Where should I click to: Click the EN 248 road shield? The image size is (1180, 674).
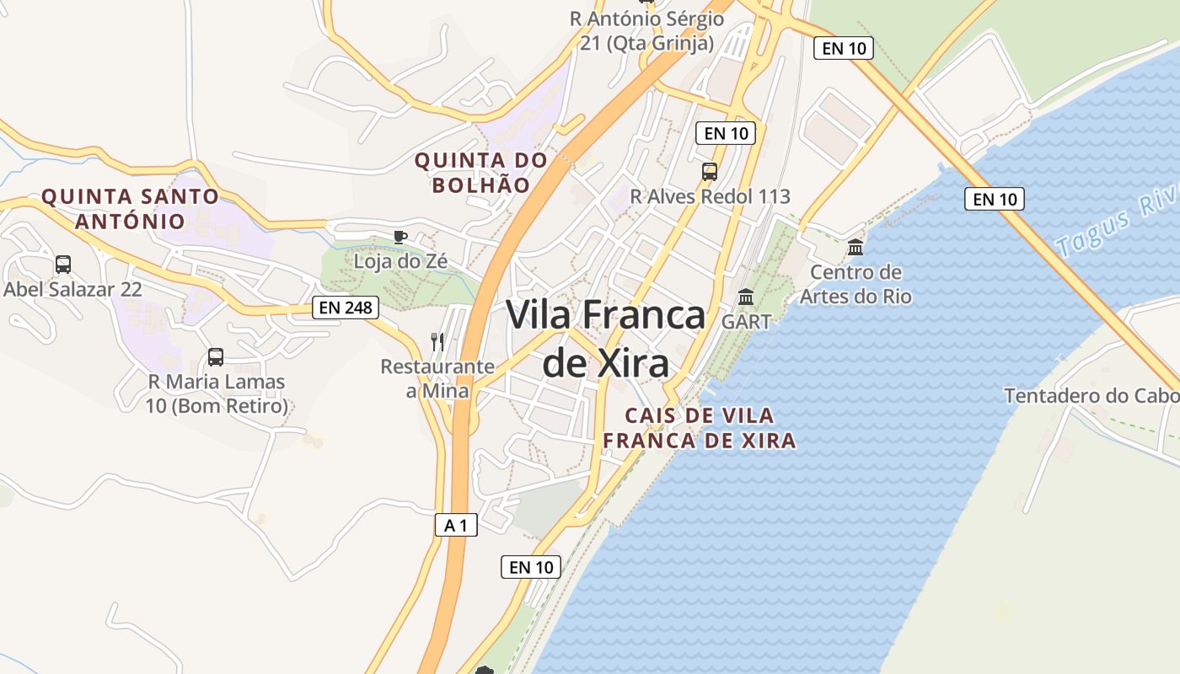[x=346, y=308]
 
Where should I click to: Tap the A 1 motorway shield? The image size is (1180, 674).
[x=456, y=526]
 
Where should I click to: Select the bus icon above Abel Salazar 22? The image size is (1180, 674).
[x=63, y=265]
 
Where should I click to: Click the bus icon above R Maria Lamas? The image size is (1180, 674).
[x=216, y=356]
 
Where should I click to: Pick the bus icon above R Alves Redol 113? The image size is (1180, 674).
[x=710, y=172]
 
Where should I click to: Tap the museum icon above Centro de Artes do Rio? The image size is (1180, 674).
[x=855, y=247]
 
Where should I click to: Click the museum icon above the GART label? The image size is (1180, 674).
[x=746, y=297]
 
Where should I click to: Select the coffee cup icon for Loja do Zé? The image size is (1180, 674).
[x=400, y=237]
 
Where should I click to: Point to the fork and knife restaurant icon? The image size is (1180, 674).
[x=437, y=341]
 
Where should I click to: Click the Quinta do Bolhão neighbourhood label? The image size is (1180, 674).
[x=481, y=172]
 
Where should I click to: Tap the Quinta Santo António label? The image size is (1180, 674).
[x=130, y=209]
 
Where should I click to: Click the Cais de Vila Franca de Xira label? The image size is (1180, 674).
[x=700, y=428]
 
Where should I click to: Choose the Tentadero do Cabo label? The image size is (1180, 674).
[x=1091, y=396]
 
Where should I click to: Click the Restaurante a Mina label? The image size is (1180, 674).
[x=437, y=378]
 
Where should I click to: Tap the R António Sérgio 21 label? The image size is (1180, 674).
[x=646, y=30]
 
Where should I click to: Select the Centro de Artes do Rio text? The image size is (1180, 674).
[x=855, y=285]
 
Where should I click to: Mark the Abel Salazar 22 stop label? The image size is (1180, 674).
[x=72, y=289]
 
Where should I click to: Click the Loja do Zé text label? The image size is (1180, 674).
[x=400, y=261]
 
